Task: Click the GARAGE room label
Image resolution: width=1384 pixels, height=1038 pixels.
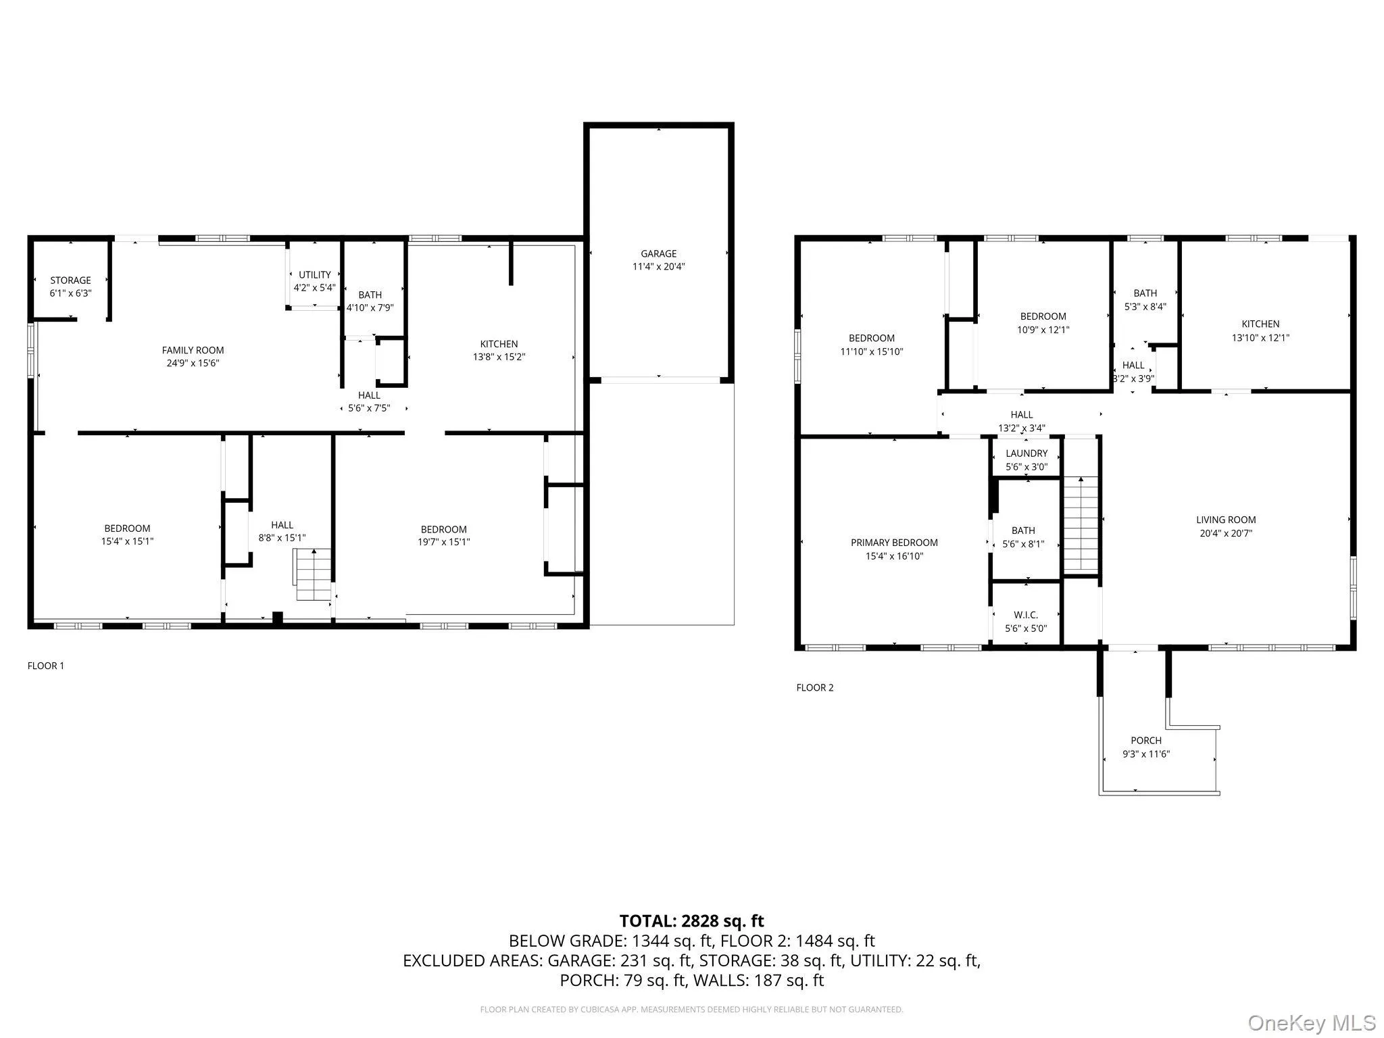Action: tap(658, 254)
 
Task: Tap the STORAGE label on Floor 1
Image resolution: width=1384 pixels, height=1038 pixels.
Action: tap(70, 280)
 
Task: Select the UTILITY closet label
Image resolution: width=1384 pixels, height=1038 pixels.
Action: tap(315, 275)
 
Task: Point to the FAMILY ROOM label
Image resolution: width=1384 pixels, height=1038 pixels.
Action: tap(193, 350)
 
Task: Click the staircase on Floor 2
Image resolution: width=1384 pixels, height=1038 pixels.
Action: tap(1081, 524)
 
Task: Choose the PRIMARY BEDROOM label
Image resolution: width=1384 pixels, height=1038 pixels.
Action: tap(894, 543)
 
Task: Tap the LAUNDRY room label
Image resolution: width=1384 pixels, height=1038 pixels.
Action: tap(1027, 453)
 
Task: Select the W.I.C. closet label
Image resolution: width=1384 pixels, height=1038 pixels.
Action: tap(1026, 615)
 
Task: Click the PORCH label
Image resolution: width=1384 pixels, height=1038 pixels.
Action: tap(1146, 741)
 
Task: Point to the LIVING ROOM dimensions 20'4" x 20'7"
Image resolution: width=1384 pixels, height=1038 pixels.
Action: tap(1226, 533)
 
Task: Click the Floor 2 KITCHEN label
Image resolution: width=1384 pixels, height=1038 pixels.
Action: tap(1260, 324)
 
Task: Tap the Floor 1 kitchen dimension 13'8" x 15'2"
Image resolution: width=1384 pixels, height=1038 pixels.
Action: tap(499, 357)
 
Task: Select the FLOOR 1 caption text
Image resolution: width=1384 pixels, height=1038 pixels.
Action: tap(46, 666)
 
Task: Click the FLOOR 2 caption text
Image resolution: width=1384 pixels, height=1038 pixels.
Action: tap(815, 688)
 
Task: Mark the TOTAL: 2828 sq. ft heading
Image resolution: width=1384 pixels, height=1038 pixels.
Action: tap(691, 921)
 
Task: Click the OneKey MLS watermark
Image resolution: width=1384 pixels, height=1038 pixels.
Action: tap(1312, 1022)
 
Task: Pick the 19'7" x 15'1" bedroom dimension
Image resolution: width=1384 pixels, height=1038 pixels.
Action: tap(443, 541)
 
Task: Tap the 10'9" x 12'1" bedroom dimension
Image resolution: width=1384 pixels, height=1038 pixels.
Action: tap(1043, 330)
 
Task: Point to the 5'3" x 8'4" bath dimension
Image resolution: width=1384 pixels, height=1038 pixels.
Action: tap(1145, 306)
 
